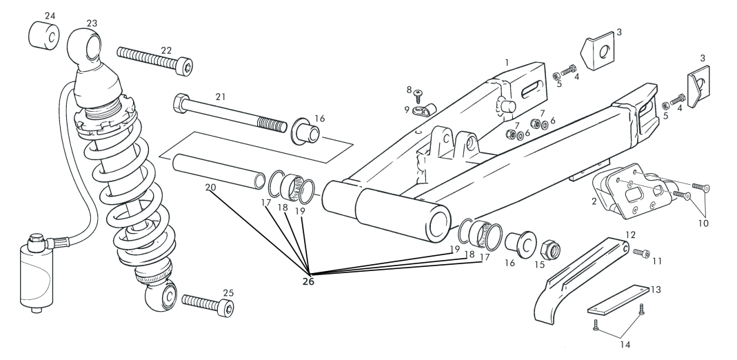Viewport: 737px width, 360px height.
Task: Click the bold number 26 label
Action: [x=308, y=281]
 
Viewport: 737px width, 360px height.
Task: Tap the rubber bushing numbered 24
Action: [x=43, y=34]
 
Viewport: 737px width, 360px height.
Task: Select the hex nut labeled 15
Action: [x=549, y=248]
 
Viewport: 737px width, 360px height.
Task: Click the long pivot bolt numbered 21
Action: [x=230, y=113]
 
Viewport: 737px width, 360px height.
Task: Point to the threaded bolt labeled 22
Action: [x=154, y=60]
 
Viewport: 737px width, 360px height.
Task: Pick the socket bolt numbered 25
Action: [x=208, y=305]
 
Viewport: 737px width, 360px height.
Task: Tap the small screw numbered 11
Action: [x=641, y=253]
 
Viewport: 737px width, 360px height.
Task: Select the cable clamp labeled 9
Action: [x=425, y=110]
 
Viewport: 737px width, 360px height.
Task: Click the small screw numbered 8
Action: [x=418, y=97]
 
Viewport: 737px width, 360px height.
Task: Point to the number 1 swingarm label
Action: [x=507, y=62]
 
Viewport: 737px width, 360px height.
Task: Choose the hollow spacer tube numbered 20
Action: [x=219, y=172]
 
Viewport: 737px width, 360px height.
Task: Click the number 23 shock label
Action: [x=92, y=23]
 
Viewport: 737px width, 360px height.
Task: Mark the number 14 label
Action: [x=624, y=345]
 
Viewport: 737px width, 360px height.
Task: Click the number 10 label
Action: [x=703, y=223]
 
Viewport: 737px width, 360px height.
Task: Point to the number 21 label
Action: [x=221, y=97]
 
